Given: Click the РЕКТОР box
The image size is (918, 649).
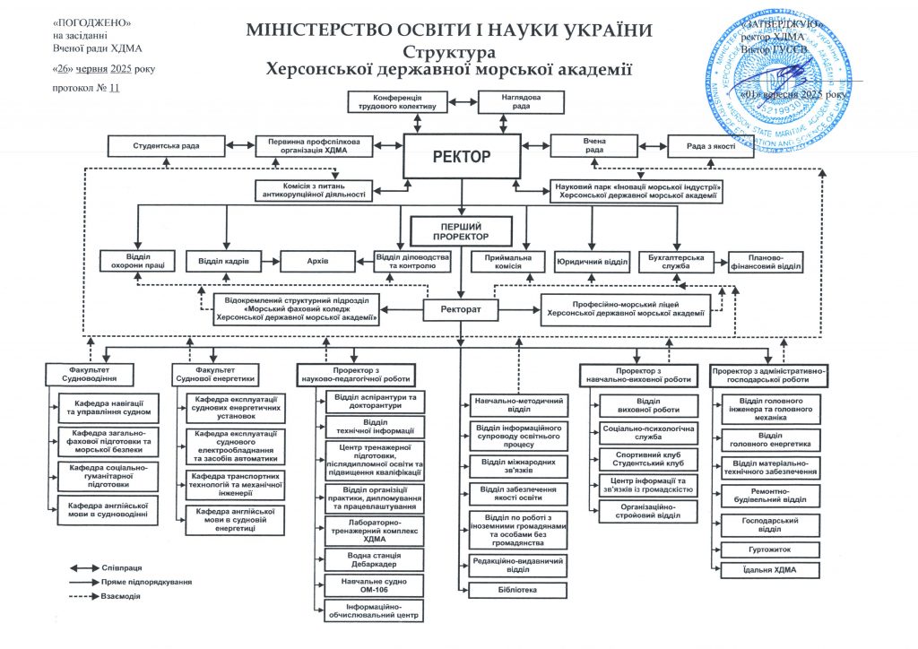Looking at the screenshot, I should [462, 157].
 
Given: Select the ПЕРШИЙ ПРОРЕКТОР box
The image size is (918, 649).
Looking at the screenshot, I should [462, 231].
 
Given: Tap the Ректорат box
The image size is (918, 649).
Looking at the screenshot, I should [460, 310].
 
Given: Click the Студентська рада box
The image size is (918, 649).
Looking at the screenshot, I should [166, 145].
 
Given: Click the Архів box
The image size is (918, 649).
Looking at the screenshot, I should [318, 261].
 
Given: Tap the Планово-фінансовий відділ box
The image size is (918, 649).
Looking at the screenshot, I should [765, 261].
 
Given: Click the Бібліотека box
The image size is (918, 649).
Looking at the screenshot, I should [517, 590].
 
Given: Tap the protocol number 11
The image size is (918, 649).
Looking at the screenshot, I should [114, 89].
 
